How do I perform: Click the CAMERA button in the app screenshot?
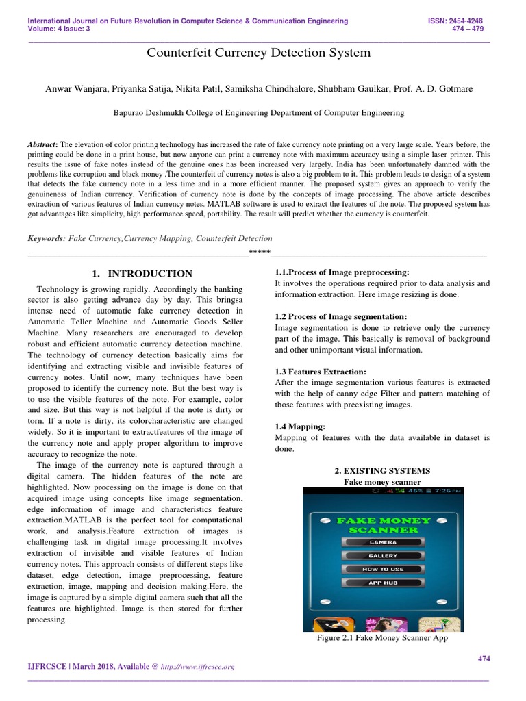pos(382,541)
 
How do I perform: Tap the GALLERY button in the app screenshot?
pos(382,555)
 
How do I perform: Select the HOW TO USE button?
pos(382,569)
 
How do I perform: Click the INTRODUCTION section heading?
pos(142,274)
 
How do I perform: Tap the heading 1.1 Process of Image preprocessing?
pos(342,272)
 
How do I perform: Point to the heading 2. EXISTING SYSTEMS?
pos(382,471)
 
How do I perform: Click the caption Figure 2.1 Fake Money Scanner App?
pos(382,638)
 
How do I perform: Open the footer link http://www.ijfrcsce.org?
pos(197,667)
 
